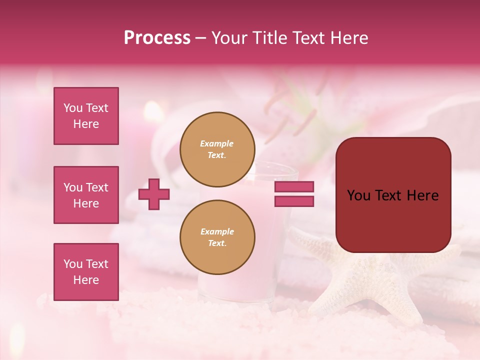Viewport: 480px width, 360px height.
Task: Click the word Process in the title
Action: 157,38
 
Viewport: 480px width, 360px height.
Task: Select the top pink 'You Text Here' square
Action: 86,116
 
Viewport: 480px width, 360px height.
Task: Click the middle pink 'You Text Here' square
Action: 86,195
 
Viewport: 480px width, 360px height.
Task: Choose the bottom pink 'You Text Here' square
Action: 86,272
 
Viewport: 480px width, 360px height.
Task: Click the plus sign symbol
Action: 154,194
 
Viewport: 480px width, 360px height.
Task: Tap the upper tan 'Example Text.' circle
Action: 217,149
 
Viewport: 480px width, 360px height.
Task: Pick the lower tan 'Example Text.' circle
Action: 217,237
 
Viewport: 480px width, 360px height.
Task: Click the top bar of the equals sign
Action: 294,187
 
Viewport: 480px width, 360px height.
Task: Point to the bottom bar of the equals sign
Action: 294,201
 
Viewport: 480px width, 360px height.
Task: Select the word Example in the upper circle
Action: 216,143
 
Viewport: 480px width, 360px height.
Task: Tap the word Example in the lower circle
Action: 217,231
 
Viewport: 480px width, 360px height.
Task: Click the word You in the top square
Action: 72,108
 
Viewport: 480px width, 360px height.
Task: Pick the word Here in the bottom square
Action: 86,280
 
